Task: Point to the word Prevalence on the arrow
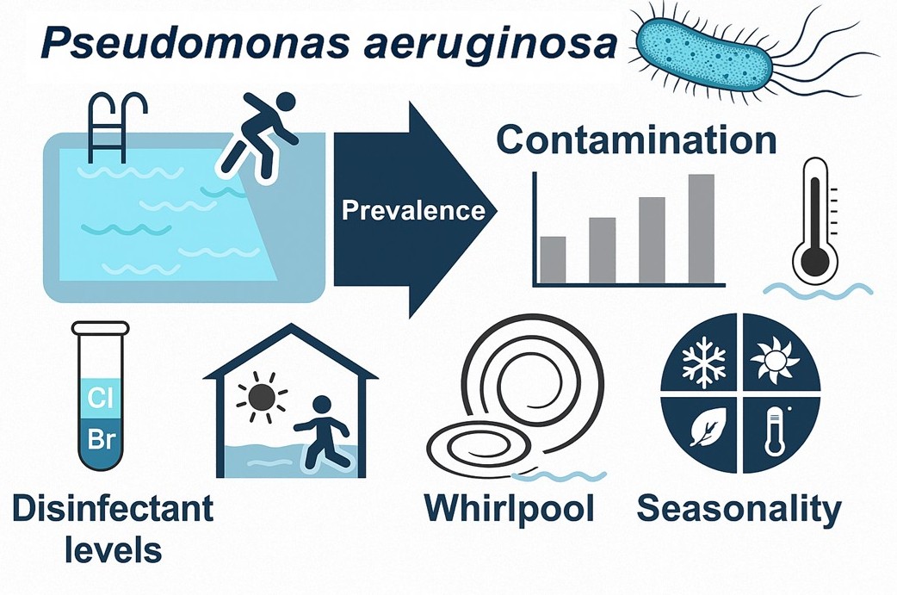tap(413, 209)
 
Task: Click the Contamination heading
tap(636, 140)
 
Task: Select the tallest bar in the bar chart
tap(702, 228)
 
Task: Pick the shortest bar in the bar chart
tap(553, 259)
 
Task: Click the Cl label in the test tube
tap(101, 399)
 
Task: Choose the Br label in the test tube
tap(101, 440)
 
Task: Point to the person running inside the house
tap(323, 431)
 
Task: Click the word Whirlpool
tap(509, 508)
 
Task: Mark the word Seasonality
tap(739, 509)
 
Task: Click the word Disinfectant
tap(113, 508)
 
